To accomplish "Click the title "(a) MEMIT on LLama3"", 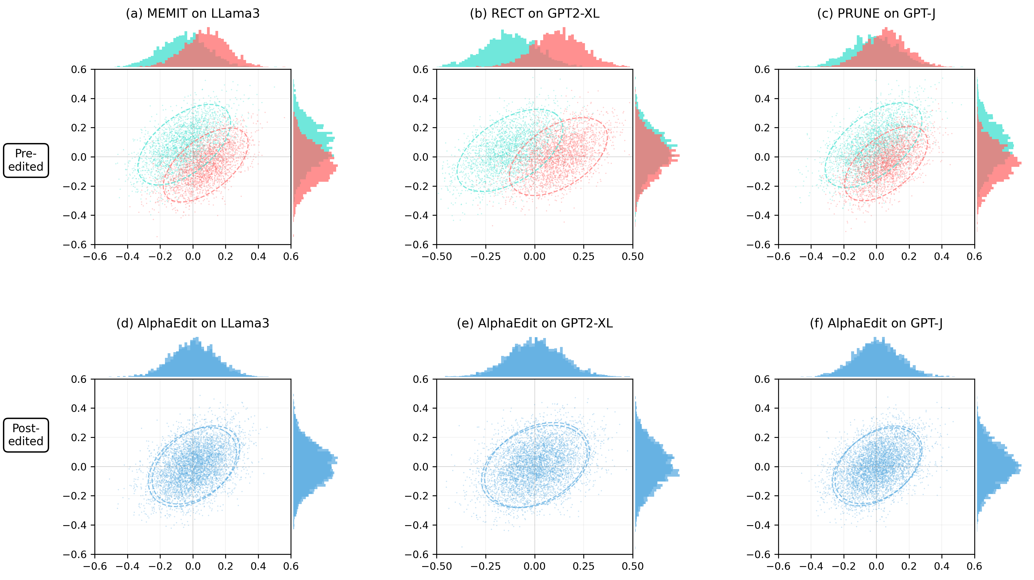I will click(x=193, y=14).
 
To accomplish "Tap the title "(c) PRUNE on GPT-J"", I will click(x=876, y=14).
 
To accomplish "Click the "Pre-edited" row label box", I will click(x=26, y=160).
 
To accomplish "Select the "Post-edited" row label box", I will click(x=26, y=435).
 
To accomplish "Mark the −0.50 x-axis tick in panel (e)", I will click(x=437, y=566).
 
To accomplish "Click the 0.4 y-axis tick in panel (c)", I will click(x=762, y=99).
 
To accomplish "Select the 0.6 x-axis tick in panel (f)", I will click(x=974, y=566).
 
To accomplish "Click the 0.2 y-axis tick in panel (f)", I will click(x=762, y=438).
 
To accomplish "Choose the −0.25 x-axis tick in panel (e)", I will click(x=486, y=566).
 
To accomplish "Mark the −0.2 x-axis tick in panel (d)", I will click(x=160, y=566).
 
